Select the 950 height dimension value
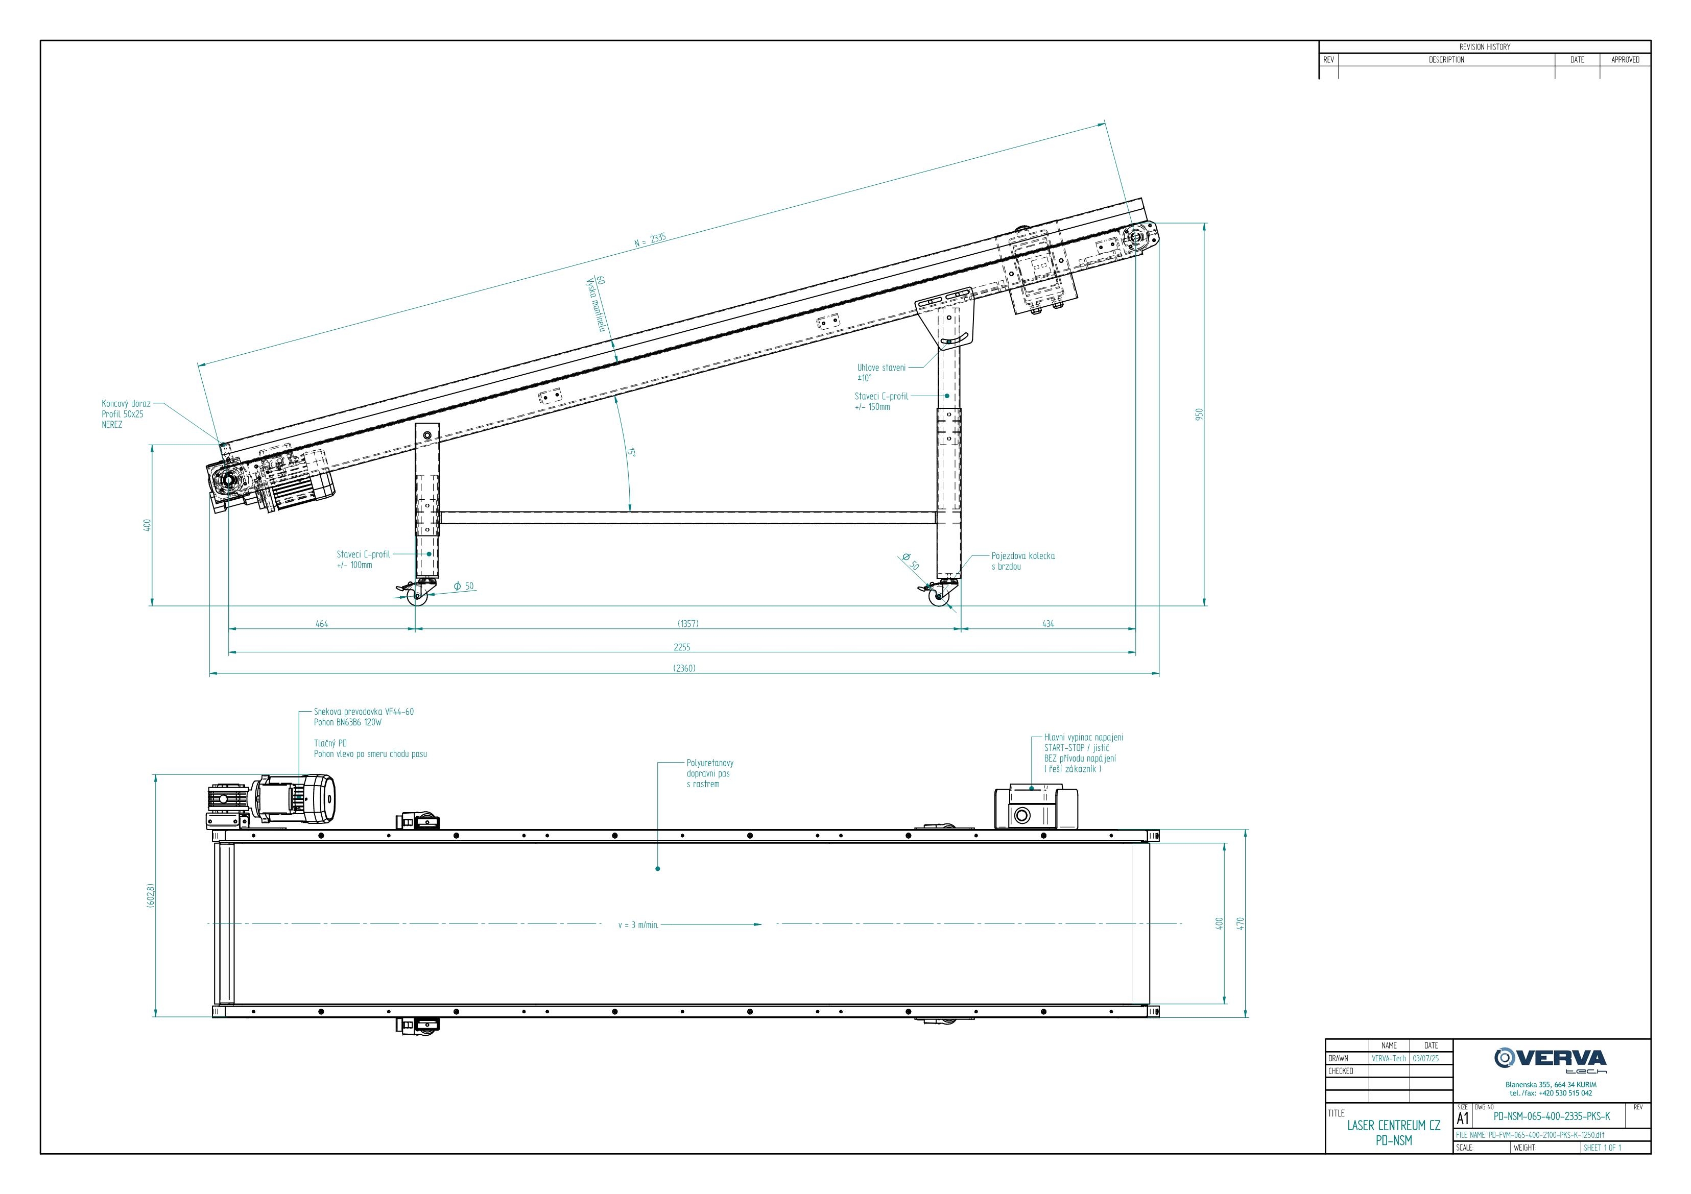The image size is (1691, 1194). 1198,415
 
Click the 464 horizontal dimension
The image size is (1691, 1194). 322,623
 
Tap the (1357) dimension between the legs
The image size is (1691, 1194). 688,623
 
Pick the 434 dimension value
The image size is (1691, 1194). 1048,623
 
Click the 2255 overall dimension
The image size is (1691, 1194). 682,647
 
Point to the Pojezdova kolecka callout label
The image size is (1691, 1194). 1023,561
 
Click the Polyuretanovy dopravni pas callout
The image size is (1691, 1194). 710,774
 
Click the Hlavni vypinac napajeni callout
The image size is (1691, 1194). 1083,753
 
